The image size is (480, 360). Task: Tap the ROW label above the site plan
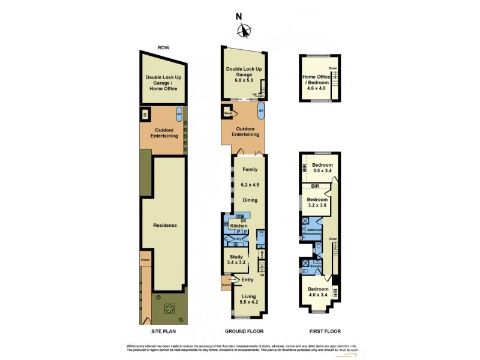click(x=163, y=47)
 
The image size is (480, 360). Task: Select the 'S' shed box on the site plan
click(x=145, y=114)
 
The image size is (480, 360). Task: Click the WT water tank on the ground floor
click(x=261, y=111)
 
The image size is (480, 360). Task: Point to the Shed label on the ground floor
click(x=228, y=113)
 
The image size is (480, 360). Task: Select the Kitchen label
click(x=239, y=226)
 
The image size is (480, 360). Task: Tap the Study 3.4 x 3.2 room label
click(x=236, y=260)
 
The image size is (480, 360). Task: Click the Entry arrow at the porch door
click(x=235, y=280)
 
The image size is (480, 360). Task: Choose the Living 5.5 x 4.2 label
click(x=248, y=300)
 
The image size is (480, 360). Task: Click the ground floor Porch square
click(x=226, y=284)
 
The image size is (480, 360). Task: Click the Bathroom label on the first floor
click(x=315, y=230)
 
